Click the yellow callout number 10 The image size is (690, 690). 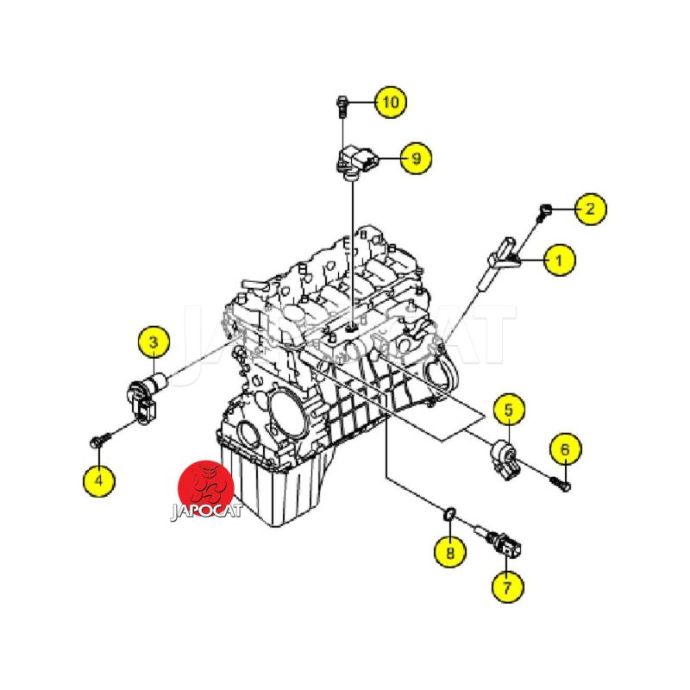pyautogui.click(x=391, y=102)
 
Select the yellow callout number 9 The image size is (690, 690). pyautogui.click(x=416, y=158)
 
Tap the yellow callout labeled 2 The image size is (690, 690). pyautogui.click(x=591, y=209)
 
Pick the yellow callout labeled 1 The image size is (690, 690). pyautogui.click(x=559, y=260)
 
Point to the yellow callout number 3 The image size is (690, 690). pyautogui.click(x=154, y=342)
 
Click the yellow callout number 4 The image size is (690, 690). pyautogui.click(x=98, y=480)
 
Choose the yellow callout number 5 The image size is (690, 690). pyautogui.click(x=508, y=411)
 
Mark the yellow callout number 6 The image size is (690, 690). pyautogui.click(x=566, y=449)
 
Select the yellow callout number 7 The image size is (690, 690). pyautogui.click(x=507, y=587)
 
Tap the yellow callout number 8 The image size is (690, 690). pyautogui.click(x=449, y=552)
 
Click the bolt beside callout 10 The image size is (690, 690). pyautogui.click(x=342, y=106)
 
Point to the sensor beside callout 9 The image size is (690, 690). pyautogui.click(x=355, y=163)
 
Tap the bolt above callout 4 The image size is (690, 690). pyautogui.click(x=100, y=441)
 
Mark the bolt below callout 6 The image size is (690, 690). pyautogui.click(x=560, y=483)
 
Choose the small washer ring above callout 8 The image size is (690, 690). pyautogui.click(x=449, y=513)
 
